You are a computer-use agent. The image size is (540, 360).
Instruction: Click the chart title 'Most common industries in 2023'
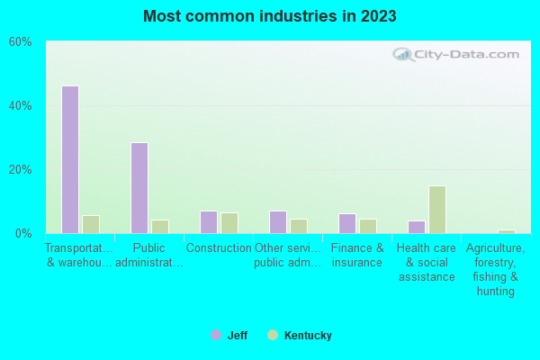[x=269, y=16]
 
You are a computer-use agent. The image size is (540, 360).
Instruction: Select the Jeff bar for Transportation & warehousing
[x=70, y=159]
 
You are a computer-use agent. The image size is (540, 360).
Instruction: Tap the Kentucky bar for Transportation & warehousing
[x=91, y=224]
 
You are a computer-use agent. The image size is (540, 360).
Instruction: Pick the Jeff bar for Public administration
[x=139, y=188]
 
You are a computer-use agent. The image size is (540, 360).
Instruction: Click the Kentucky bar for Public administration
[x=160, y=227]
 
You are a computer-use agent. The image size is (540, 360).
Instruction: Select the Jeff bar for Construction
[x=209, y=222]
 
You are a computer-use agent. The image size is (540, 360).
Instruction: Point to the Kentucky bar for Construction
[x=229, y=223]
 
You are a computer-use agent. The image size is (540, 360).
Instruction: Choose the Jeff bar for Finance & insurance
[x=347, y=223]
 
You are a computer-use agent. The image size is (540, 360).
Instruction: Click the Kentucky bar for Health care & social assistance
[x=437, y=210]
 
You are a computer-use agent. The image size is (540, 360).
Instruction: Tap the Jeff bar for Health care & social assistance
[x=417, y=227]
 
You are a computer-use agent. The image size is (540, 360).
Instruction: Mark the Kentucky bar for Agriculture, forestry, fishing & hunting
[x=507, y=231]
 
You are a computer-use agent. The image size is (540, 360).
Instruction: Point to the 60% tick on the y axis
[x=21, y=42]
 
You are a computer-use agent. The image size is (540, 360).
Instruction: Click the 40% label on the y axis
[x=21, y=106]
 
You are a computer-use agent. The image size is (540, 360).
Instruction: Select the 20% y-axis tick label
[x=21, y=170]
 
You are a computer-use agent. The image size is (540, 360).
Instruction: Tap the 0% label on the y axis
[x=24, y=234]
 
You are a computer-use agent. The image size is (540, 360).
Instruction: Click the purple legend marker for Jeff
[x=216, y=335]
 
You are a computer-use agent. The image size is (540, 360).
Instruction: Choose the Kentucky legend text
[x=308, y=336]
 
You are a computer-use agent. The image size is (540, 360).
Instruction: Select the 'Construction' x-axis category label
[x=219, y=248]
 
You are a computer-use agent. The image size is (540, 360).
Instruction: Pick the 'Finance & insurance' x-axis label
[x=357, y=255]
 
